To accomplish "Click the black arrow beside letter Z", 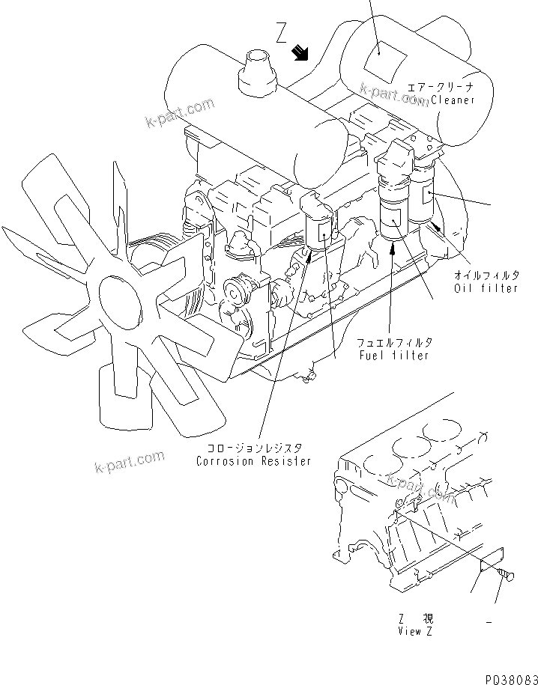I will click(302, 52).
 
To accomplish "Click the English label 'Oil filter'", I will click(486, 288).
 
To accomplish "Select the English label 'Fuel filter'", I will click(395, 355).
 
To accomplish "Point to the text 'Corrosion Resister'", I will click(253, 461).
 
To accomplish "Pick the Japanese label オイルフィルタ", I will click(486, 275).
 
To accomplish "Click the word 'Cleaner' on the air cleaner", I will click(453, 100).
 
